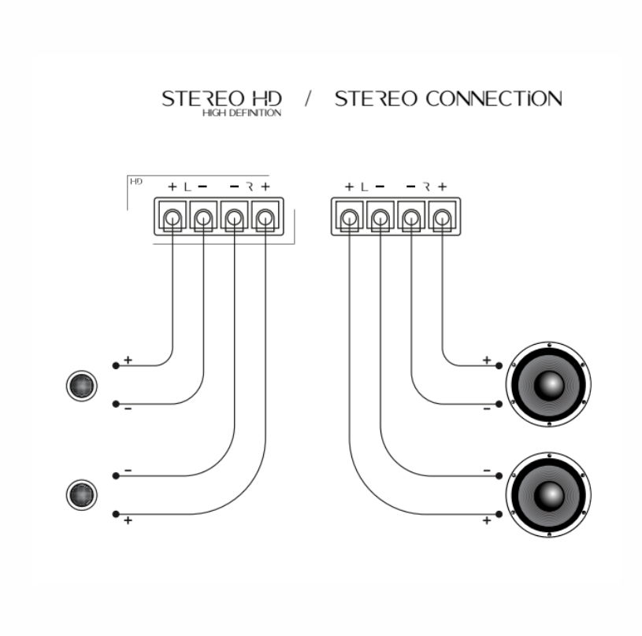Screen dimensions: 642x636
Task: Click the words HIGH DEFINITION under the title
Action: tap(242, 113)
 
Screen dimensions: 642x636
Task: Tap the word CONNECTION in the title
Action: tap(493, 99)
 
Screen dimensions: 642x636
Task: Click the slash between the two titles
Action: tap(308, 100)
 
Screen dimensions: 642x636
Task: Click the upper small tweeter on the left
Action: tap(82, 386)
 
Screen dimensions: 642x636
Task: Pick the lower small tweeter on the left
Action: tap(80, 495)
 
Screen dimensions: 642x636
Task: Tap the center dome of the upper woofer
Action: tap(549, 383)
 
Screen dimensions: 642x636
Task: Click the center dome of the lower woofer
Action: tap(549, 494)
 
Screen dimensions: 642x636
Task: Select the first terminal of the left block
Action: tap(173, 216)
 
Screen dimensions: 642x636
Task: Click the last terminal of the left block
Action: tap(265, 216)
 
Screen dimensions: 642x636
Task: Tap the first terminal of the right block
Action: tap(349, 216)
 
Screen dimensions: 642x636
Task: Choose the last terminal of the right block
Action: tap(442, 216)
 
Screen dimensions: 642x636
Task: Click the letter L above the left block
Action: tap(187, 187)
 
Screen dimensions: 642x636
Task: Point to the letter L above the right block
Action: tap(364, 187)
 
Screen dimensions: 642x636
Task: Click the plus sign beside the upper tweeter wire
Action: tap(128, 360)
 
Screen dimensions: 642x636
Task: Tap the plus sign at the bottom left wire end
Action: tap(128, 521)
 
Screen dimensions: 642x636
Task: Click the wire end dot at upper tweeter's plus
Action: tap(116, 365)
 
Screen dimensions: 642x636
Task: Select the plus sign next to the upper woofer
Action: tap(486, 360)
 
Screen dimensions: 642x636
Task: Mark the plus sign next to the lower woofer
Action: tap(486, 520)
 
